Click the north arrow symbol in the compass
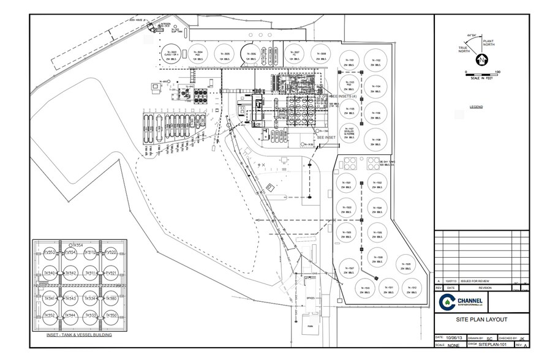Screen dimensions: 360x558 [482, 60]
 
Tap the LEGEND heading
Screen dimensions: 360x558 [477, 107]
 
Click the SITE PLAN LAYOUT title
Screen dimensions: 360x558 [481, 319]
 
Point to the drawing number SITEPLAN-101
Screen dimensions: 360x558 [498, 345]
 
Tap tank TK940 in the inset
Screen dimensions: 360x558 [50, 272]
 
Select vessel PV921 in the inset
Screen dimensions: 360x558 [111, 272]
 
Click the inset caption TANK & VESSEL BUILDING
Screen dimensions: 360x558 [78, 336]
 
